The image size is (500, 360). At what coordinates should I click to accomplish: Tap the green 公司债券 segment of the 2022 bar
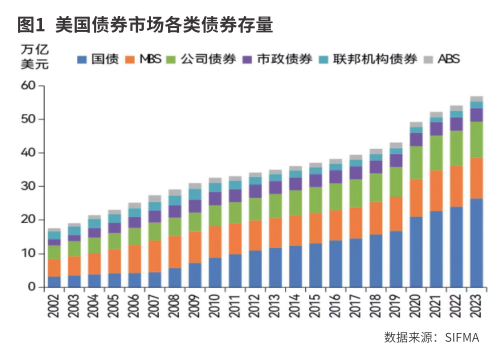[456, 148]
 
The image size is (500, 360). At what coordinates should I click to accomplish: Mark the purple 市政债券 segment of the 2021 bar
[436, 129]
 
